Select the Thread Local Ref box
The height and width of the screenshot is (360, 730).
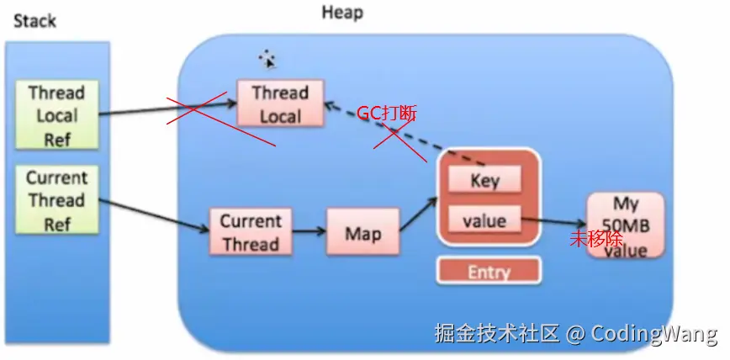point(56,115)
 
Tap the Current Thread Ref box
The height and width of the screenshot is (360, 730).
point(56,201)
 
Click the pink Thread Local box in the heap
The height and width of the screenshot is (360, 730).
point(280,104)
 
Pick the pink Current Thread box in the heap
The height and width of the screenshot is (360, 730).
point(250,233)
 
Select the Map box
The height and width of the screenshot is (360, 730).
point(362,233)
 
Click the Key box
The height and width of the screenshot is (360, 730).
point(484,180)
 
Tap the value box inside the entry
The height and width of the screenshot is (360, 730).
point(484,220)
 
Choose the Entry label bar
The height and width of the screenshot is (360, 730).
point(489,271)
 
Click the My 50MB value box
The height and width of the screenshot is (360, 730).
point(625,225)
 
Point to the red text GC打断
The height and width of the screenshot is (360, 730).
point(387,114)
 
